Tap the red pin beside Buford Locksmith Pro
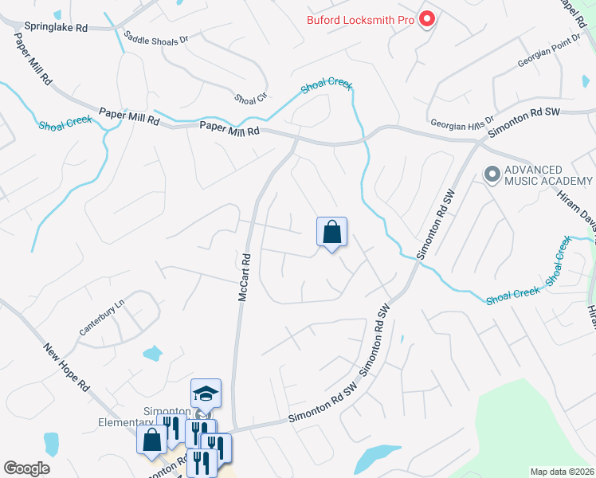point(427,18)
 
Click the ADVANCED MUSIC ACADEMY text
point(544,175)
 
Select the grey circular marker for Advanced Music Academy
point(492,173)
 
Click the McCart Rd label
point(245,277)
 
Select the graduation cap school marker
point(206,394)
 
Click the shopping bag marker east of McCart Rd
point(332,233)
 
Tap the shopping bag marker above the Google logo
point(151,441)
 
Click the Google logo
point(26,468)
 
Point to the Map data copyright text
point(563,472)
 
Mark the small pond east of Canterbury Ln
point(152,352)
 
